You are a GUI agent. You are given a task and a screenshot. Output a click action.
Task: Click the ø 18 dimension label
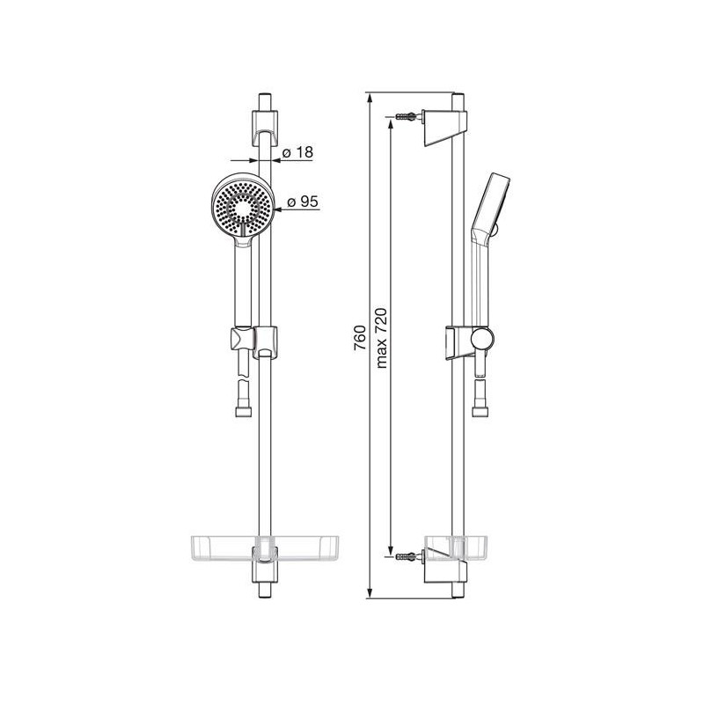pyautogui.click(x=297, y=152)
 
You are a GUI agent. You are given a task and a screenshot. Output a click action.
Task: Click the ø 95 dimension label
pyautogui.click(x=303, y=202)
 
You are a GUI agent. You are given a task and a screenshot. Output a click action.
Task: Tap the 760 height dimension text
pyautogui.click(x=360, y=338)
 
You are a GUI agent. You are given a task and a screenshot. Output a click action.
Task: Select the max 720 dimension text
pyautogui.click(x=381, y=338)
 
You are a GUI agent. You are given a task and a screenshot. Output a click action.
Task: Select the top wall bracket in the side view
pyautogui.click(x=445, y=128)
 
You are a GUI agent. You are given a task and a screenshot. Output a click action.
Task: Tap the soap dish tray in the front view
pyautogui.click(x=265, y=548)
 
